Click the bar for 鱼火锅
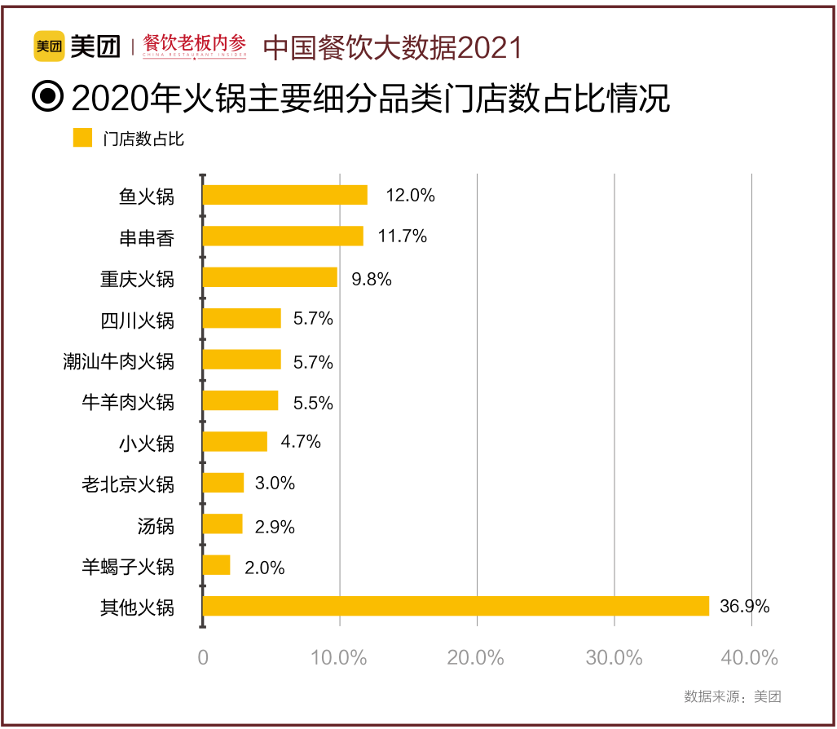[x=284, y=195]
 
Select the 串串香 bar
[x=283, y=236]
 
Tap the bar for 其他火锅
[x=456, y=606]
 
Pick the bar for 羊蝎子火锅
[x=217, y=565]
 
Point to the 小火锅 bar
[x=235, y=442]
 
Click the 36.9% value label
[x=744, y=607]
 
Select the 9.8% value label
[x=372, y=279]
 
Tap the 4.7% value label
[x=301, y=442]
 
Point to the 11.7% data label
[x=403, y=236]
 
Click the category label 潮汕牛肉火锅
[x=119, y=360]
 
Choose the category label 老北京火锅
[x=128, y=484]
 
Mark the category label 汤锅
[x=156, y=525]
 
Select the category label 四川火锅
[x=138, y=320]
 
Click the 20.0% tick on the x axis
[x=477, y=658]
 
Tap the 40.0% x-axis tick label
[x=751, y=658]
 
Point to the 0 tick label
[x=203, y=658]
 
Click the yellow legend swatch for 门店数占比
[x=82, y=138]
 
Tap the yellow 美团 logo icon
[x=49, y=46]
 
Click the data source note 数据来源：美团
[x=733, y=696]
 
